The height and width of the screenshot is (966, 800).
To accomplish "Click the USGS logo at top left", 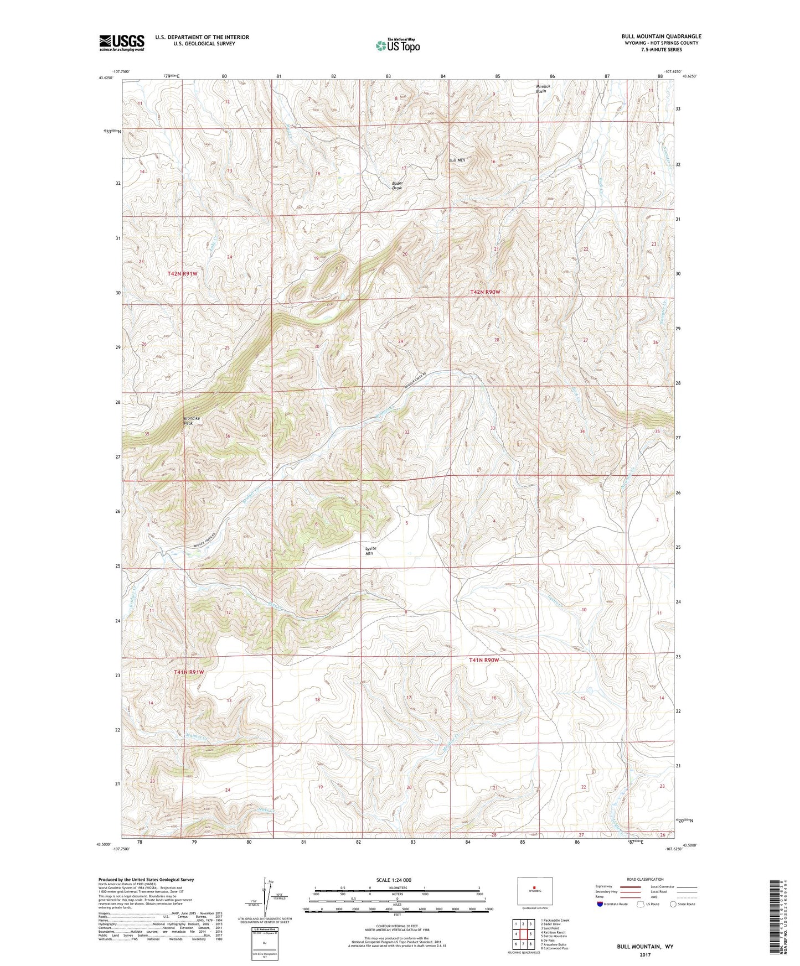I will [x=122, y=43].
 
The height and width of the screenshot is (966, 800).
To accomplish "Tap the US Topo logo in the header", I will [x=398, y=45].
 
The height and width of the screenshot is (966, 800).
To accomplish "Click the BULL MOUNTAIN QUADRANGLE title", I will [x=661, y=37].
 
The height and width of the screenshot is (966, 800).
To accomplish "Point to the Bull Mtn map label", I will [x=457, y=160].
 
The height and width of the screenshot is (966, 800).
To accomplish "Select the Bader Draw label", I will [x=397, y=185].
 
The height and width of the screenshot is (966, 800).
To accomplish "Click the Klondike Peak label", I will [x=192, y=420].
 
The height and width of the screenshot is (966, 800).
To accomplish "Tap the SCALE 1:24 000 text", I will [x=393, y=880].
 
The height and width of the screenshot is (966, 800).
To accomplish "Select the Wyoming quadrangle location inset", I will [x=534, y=893].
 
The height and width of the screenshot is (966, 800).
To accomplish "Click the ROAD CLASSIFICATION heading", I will [x=646, y=879].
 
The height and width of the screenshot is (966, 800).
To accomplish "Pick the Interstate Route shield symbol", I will [x=601, y=905].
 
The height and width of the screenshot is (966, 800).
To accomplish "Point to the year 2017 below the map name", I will [x=645, y=955].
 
